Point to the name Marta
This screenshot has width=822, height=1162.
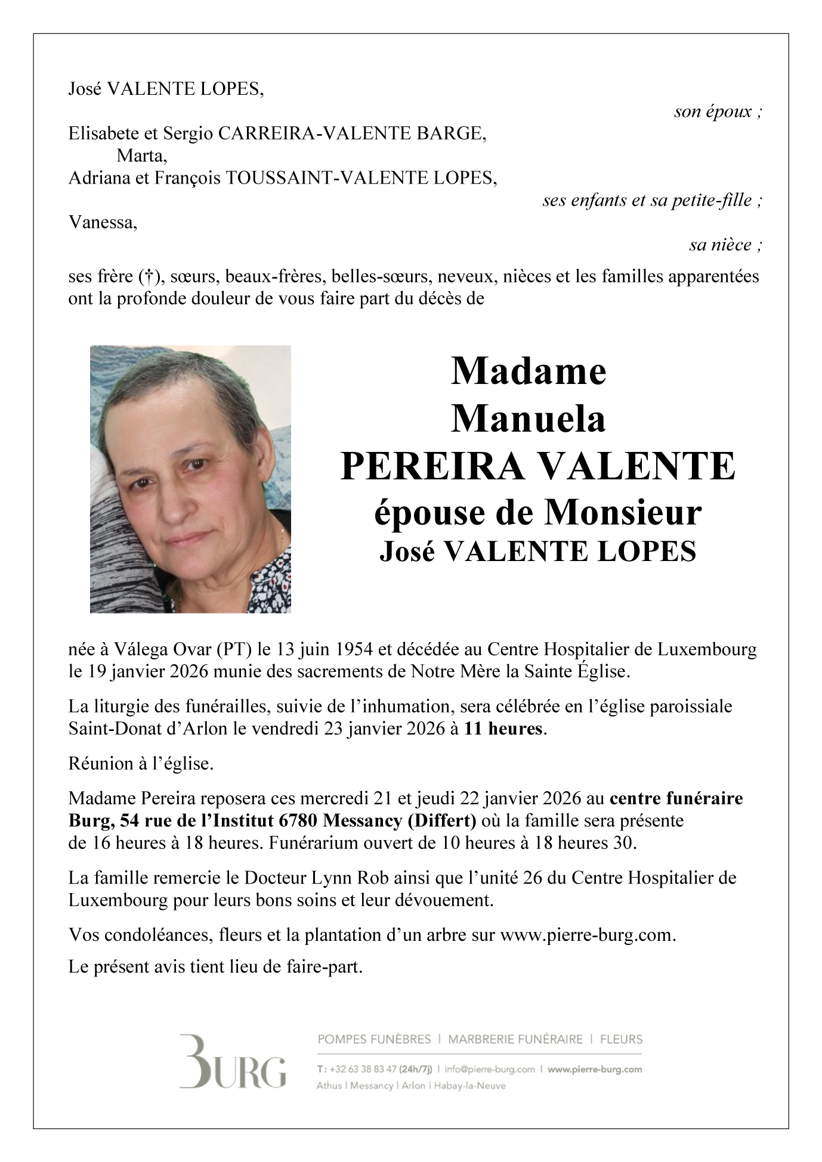click(x=141, y=156)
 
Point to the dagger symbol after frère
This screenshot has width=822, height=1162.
click(x=146, y=277)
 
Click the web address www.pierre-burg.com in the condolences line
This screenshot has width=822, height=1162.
click(x=586, y=934)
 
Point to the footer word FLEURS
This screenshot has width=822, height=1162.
click(x=621, y=1039)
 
